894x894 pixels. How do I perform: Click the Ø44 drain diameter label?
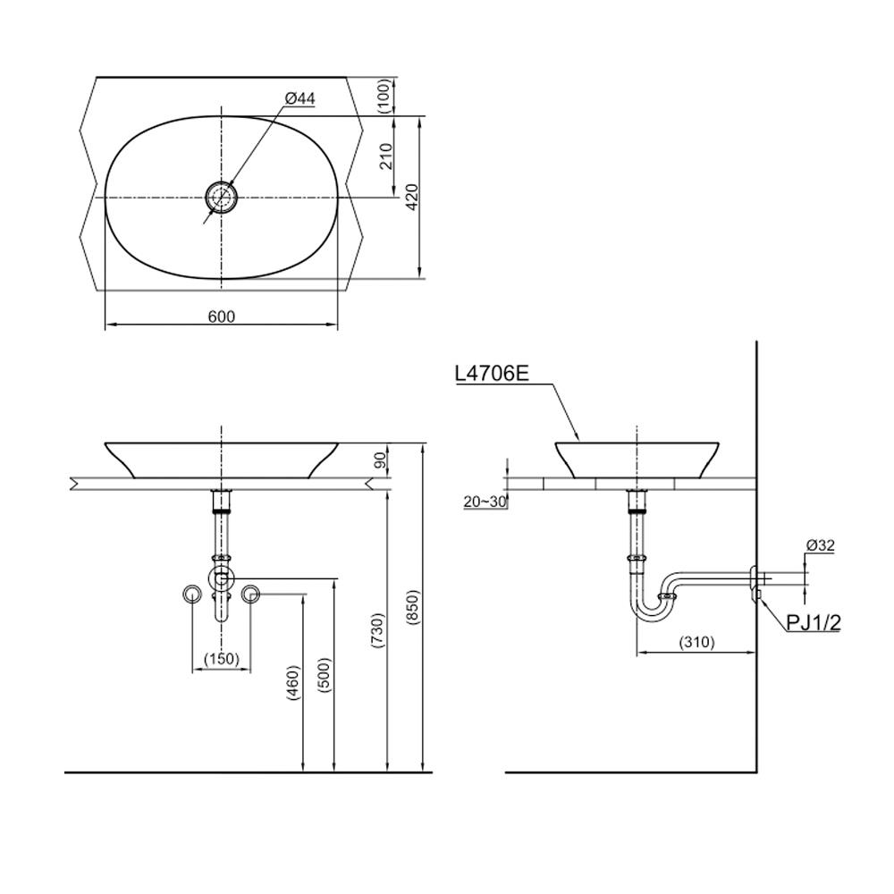300,99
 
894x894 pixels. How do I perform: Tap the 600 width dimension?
222,316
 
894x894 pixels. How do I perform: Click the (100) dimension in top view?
384,95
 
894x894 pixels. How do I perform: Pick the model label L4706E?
493,374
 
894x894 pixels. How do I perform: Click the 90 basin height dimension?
379,460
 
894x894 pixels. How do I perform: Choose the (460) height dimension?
293,684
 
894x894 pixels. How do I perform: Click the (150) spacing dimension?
221,659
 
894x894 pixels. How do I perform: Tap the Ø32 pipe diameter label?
820,544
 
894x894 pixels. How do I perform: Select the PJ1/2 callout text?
814,623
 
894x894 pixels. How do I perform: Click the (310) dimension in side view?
697,642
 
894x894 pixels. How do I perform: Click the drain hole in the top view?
221,197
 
